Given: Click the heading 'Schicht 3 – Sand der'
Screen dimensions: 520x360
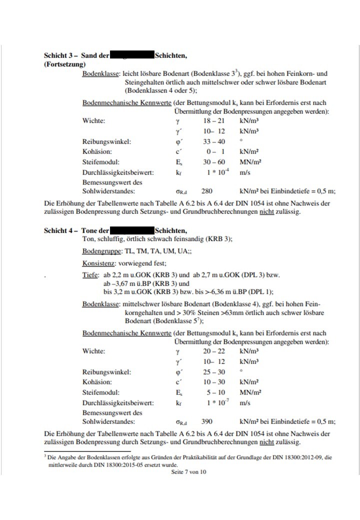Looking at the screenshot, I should (x=76, y=56).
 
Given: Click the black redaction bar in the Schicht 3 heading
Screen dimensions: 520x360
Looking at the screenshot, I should (x=132, y=56).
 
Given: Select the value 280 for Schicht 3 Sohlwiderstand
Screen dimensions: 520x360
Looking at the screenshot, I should (x=207, y=190).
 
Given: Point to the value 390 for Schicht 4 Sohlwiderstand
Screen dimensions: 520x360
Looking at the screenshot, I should (x=206, y=421).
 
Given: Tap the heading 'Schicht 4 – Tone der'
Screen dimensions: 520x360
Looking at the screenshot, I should (x=76, y=230).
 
